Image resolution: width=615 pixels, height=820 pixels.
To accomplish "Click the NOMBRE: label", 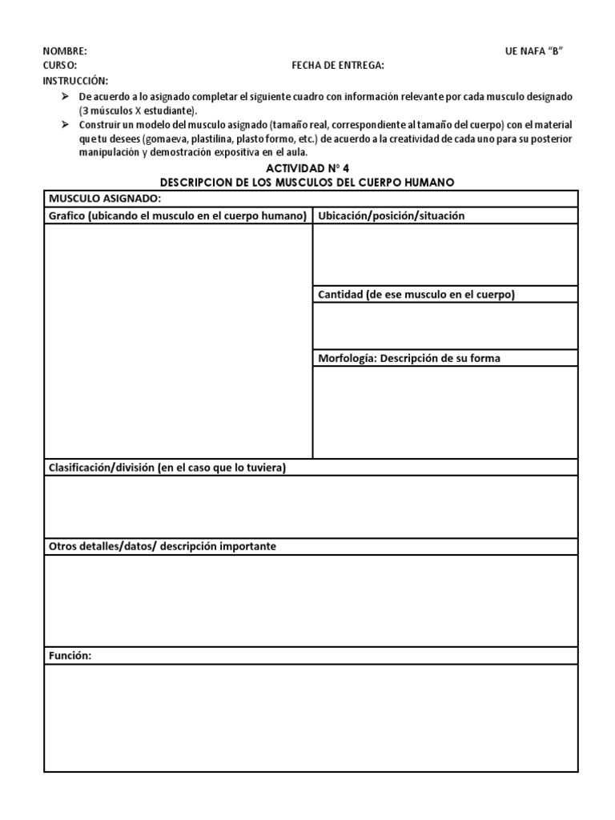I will click(x=65, y=51).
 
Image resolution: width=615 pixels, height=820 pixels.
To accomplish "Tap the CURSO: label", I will click(x=60, y=66).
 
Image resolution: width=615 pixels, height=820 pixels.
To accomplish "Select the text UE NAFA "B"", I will click(x=535, y=51).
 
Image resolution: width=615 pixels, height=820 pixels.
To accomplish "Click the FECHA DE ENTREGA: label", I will click(x=337, y=66).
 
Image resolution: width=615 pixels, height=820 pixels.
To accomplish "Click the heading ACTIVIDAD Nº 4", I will click(x=307, y=168).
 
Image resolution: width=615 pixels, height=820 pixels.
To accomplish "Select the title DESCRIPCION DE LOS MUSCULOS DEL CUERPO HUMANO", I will click(x=307, y=183).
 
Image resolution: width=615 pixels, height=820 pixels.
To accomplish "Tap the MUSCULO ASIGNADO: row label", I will click(x=105, y=198).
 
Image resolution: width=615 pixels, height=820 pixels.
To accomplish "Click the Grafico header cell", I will click(x=178, y=215).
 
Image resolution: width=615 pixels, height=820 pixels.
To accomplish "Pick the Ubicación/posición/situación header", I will click(x=392, y=215).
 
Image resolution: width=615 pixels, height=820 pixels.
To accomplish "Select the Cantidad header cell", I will click(x=416, y=294).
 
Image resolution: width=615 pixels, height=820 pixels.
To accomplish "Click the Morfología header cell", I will click(x=409, y=358).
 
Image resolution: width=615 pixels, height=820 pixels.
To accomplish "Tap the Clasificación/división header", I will click(x=167, y=468).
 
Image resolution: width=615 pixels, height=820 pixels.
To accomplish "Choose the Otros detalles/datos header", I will click(x=163, y=546).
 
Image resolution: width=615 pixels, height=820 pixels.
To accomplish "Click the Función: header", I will click(x=70, y=656).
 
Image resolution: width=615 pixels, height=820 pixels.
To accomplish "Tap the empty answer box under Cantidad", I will click(x=444, y=326).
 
